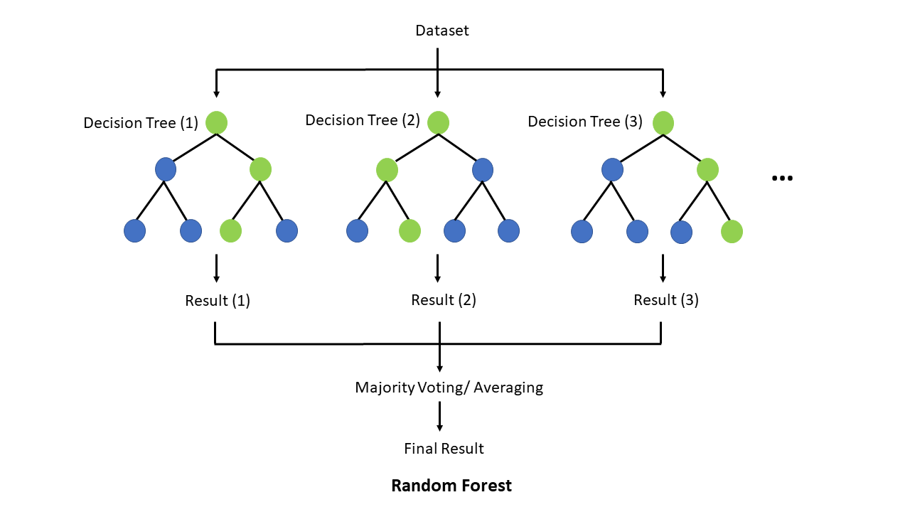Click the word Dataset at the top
tap(442, 31)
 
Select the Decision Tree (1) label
tap(141, 123)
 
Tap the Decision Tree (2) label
tap(363, 120)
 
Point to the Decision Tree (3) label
tap(584, 122)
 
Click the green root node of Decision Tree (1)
tap(216, 122)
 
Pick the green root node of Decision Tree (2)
tap(438, 122)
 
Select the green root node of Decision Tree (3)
tap(663, 122)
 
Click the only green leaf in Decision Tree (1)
tap(230, 230)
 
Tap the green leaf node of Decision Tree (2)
tap(409, 230)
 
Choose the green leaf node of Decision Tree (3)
tap(732, 231)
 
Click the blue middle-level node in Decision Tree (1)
tap(165, 169)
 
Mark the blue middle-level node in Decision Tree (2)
tap(482, 169)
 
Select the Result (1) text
tap(218, 301)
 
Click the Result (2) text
tap(444, 300)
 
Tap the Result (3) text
tap(666, 300)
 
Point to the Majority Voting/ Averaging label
tap(449, 388)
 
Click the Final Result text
tap(444, 449)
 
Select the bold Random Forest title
tap(451, 486)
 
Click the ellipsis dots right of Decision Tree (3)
tap(782, 178)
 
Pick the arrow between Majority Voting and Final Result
tap(439, 417)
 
